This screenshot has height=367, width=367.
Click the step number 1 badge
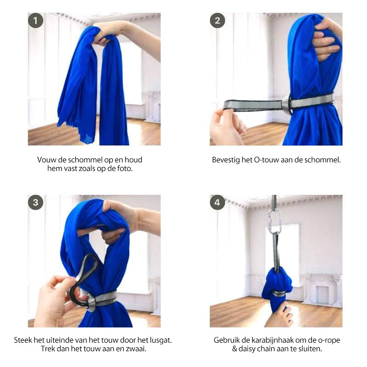click(36, 21)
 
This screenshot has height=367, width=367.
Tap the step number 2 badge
click(217, 21)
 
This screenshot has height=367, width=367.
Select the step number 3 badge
click(36, 202)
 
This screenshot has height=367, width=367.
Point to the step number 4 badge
click(217, 202)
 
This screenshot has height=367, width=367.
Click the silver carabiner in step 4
click(274, 222)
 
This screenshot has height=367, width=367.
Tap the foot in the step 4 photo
click(279, 315)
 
